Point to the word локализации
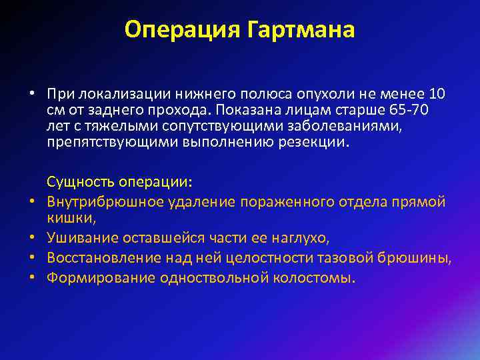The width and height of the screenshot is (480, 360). point(113,92)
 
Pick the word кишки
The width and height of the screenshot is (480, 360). point(64,218)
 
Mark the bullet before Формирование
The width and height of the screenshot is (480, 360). point(31,277)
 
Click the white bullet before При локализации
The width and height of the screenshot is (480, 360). point(31,92)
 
